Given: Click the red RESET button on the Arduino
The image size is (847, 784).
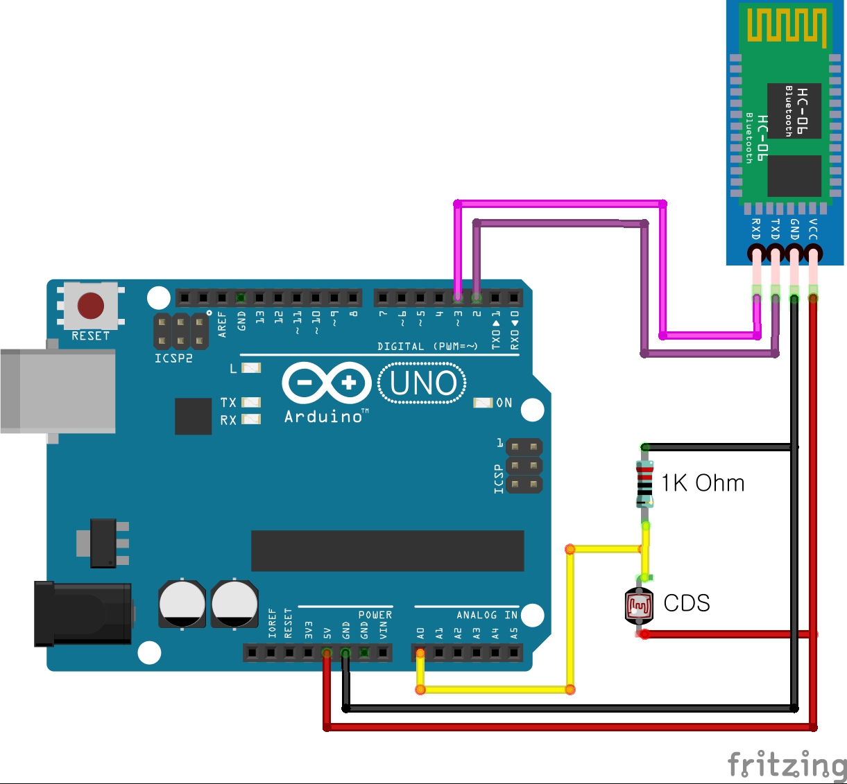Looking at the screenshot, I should [x=91, y=305].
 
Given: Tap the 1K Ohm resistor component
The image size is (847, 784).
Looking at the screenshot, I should [x=645, y=483].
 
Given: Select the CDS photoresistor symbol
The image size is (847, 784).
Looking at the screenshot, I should [x=639, y=605].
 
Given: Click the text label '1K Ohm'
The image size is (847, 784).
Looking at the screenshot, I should [x=703, y=483].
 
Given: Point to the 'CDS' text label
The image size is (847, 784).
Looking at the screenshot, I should [x=687, y=603].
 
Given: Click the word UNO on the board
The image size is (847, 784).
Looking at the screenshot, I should [x=422, y=383].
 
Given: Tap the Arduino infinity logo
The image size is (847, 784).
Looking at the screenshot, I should [x=327, y=383].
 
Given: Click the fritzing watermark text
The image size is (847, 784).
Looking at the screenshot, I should [x=787, y=765].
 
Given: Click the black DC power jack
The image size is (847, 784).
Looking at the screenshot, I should [x=83, y=614].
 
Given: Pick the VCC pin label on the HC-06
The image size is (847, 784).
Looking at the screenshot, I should [x=813, y=229].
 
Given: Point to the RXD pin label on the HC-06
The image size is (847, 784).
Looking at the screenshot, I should [x=756, y=229].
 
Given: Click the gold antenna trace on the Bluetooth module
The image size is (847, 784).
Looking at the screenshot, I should [x=787, y=26].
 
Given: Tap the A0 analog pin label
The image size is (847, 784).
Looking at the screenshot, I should [x=420, y=634].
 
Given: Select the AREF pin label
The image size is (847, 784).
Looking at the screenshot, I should [x=222, y=324].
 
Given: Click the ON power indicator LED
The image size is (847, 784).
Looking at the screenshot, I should [x=482, y=403].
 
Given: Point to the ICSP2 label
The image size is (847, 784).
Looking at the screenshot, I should [x=173, y=358].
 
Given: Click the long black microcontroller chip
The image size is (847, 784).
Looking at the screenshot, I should [x=387, y=551].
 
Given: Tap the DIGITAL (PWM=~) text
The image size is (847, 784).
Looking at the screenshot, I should [x=427, y=346].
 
